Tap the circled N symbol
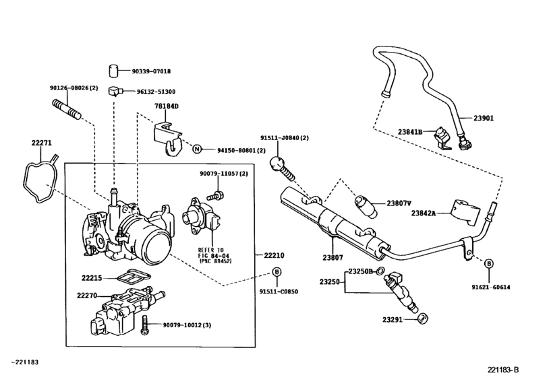197,149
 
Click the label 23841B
409,132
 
